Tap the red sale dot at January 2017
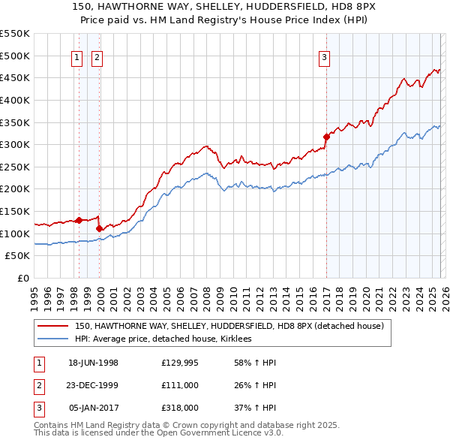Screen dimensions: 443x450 pos(326,137)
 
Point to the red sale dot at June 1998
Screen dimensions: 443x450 pos(79,220)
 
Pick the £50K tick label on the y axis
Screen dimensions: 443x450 pos(18,256)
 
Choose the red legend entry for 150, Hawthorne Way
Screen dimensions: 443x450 pos(229,326)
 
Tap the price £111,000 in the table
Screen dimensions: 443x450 pos(179,385)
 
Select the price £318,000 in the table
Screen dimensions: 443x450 pos(179,408)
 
